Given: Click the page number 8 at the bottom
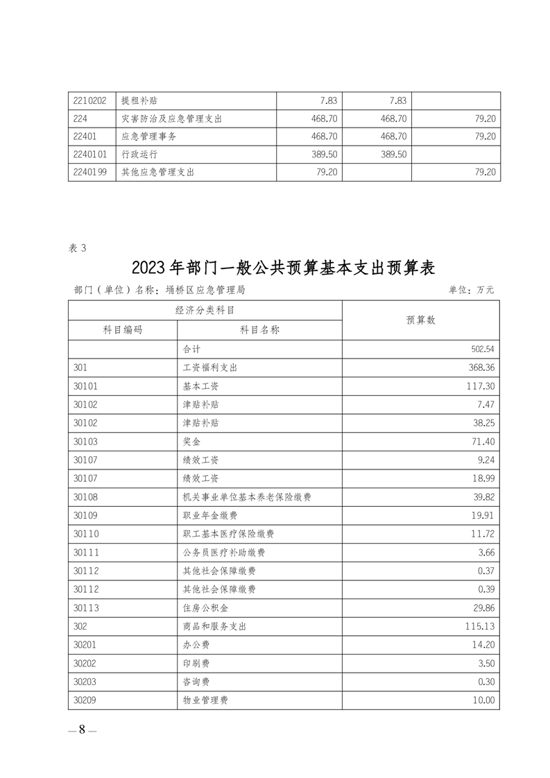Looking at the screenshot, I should click(x=82, y=729).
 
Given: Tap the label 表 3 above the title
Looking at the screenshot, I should click(x=78, y=246).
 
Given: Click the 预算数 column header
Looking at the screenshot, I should click(x=420, y=320).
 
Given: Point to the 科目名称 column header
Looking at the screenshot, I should click(x=259, y=330).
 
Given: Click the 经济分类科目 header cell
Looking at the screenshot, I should click(x=205, y=311).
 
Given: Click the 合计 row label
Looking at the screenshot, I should click(x=191, y=349).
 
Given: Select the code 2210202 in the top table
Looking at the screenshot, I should click(x=89, y=101).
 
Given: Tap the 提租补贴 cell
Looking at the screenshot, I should click(x=135, y=101).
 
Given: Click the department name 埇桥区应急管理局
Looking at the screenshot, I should click(x=205, y=290).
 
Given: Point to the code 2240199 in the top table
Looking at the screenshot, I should click(x=89, y=172).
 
